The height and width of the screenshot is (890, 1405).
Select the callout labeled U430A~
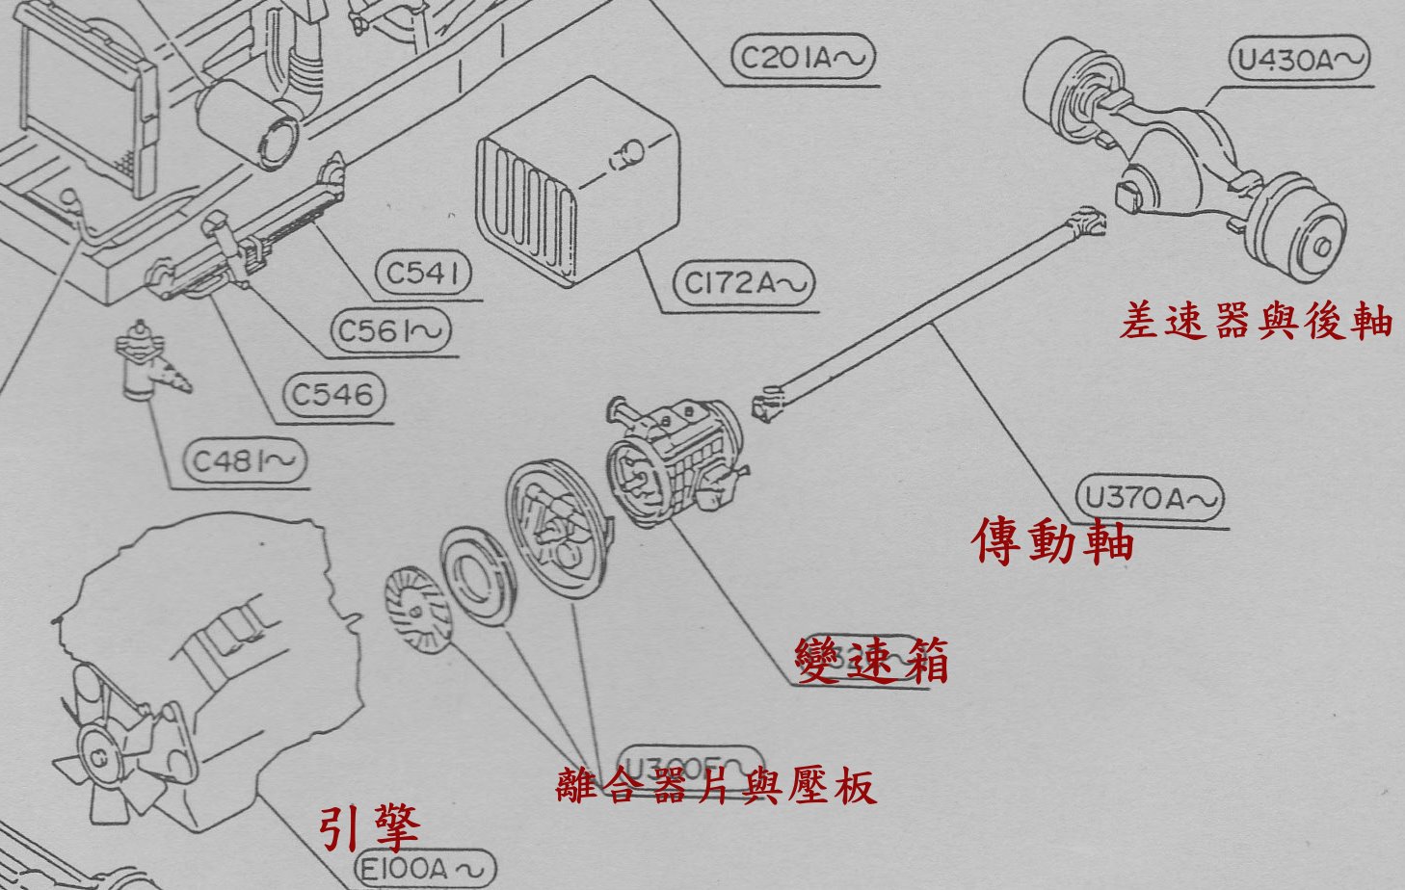1299,60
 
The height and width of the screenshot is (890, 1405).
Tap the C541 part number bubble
423,274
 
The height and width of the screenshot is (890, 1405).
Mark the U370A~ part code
1150,498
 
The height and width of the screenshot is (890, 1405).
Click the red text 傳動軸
1052,541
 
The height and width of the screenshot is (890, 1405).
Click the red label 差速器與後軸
1256,322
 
